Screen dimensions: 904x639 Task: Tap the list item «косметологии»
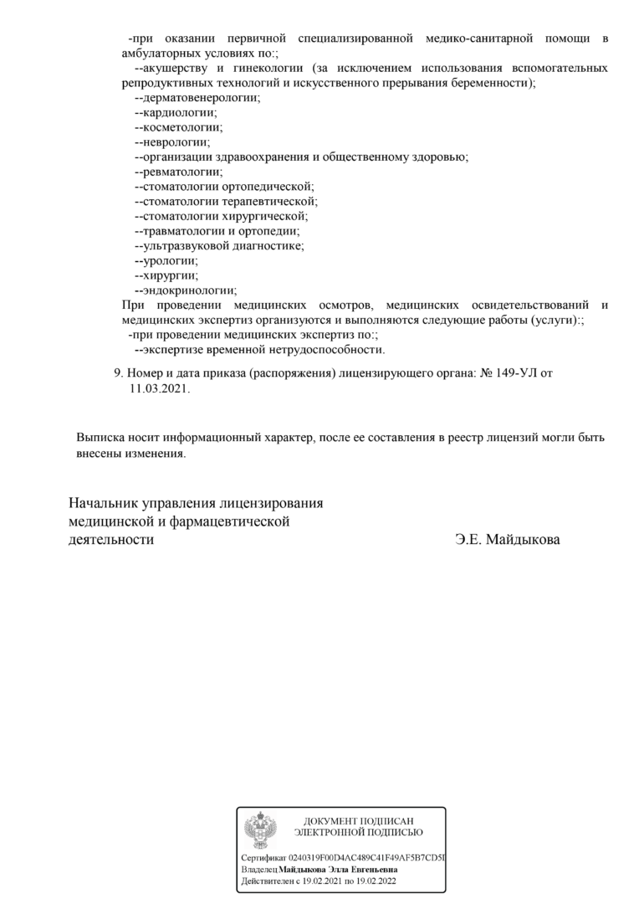[182, 127]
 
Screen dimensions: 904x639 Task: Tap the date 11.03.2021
[160, 389]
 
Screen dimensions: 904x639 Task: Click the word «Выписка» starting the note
[101, 438]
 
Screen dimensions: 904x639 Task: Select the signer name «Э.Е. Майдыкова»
[508, 540]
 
